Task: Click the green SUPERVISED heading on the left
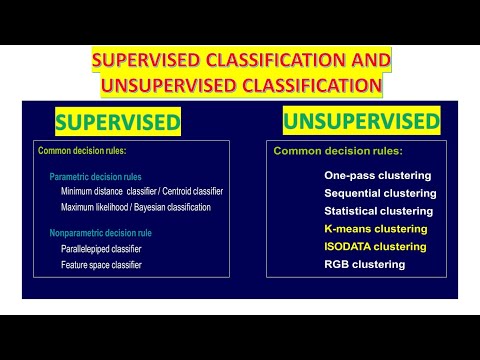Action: point(117,123)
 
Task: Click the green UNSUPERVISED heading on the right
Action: point(361,121)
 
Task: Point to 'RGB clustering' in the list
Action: point(364,264)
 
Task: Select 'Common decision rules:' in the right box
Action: point(338,151)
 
